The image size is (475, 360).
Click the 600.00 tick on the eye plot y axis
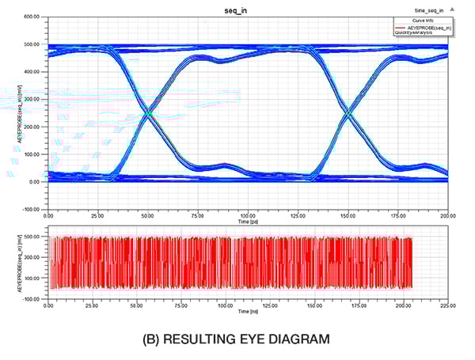click(31, 17)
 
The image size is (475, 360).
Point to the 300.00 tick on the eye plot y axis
click(31, 99)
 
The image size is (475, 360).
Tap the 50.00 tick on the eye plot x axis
click(147, 215)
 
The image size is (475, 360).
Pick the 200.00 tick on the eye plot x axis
click(446, 215)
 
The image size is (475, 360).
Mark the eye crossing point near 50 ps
click(148, 112)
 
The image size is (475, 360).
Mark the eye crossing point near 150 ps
click(348, 112)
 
